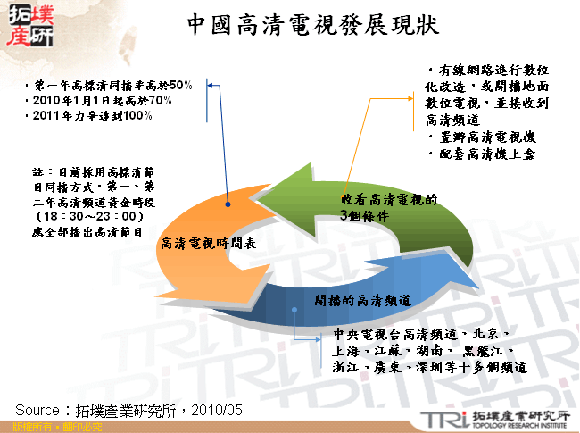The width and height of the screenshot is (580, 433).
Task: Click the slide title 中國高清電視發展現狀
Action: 313,25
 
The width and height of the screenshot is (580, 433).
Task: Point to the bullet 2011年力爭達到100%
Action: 89,115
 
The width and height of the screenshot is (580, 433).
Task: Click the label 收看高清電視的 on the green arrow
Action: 389,200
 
